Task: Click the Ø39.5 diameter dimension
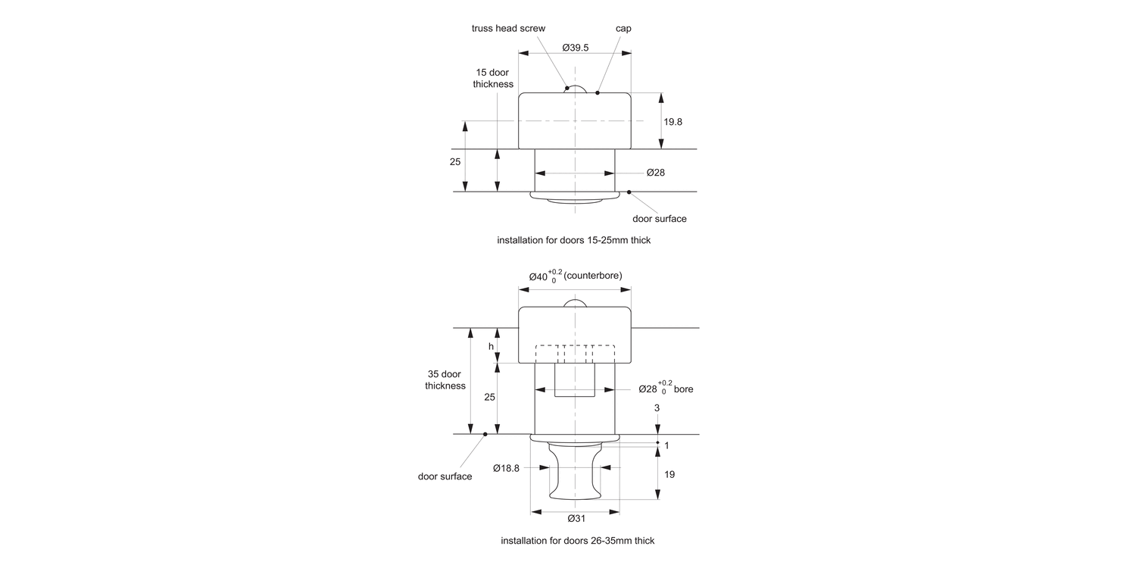tap(576, 47)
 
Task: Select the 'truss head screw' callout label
tap(508, 29)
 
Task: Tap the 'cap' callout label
tap(623, 29)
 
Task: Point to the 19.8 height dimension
tap(673, 121)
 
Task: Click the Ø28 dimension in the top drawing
tap(655, 173)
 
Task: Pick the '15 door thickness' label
tap(493, 79)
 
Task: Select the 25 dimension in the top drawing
tap(455, 162)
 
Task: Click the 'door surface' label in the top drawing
tap(659, 219)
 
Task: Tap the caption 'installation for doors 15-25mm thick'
tap(574, 240)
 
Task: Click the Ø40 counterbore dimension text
tap(576, 276)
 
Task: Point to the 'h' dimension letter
tap(491, 346)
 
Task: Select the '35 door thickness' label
tap(445, 379)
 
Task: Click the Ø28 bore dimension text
tap(665, 389)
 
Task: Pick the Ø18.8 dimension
tap(506, 468)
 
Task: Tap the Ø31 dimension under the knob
tap(576, 519)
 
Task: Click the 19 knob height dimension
tap(669, 474)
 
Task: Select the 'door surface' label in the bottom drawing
tap(445, 476)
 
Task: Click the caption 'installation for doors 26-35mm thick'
tap(577, 541)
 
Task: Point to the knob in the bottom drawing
tap(576, 473)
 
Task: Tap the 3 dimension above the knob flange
tap(657, 407)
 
